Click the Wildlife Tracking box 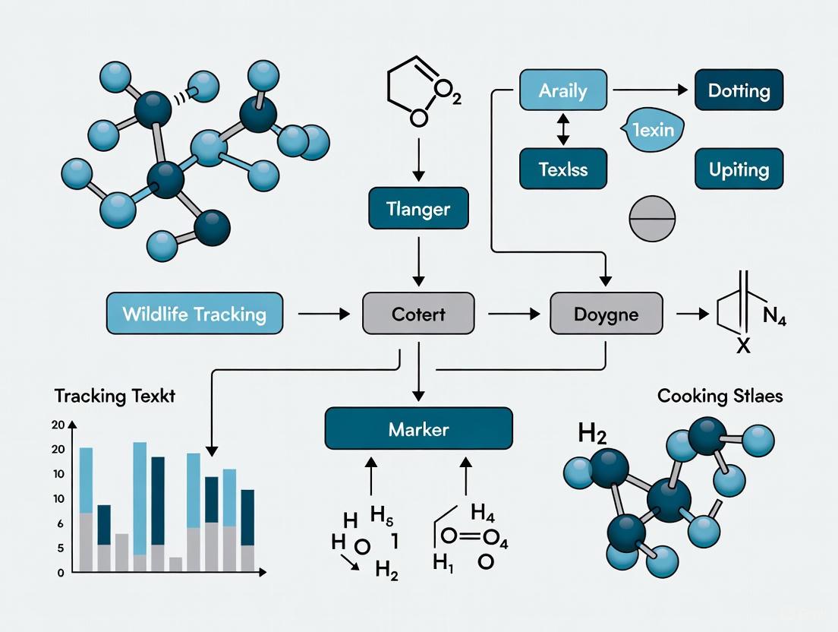(194, 313)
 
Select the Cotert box (418, 313)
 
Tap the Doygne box (606, 313)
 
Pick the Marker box (418, 429)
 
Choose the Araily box (562, 90)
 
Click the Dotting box (739, 90)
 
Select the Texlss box (562, 169)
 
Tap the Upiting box (739, 169)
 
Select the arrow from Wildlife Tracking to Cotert (323, 313)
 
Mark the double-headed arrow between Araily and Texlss (562, 130)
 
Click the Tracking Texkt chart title (115, 396)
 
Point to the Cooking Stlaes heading (720, 396)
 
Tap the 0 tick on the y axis (61, 573)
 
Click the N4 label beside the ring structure (773, 316)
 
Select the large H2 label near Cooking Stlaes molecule (592, 434)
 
